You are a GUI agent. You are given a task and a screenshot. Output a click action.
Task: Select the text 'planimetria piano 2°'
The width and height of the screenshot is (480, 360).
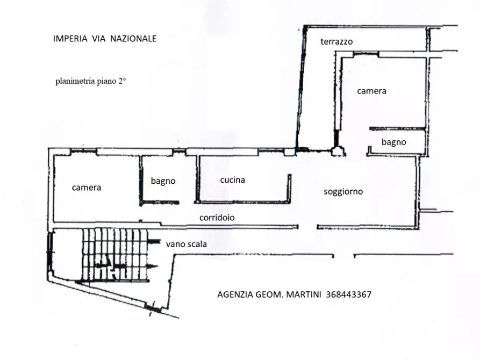click(90, 82)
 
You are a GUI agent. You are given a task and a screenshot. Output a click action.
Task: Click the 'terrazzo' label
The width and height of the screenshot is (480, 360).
click(336, 41)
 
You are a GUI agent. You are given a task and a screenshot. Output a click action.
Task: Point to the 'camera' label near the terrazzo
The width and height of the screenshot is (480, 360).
click(371, 91)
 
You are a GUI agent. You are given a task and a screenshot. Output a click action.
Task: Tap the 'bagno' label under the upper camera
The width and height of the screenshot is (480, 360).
click(393, 142)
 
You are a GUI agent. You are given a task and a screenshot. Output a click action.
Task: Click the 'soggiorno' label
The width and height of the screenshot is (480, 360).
click(343, 191)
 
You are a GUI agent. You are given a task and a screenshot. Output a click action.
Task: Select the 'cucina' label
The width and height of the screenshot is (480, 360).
click(232, 180)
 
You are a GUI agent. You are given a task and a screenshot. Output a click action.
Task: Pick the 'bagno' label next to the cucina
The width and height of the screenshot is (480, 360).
click(163, 181)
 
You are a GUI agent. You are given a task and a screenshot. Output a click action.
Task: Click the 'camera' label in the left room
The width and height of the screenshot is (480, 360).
click(87, 188)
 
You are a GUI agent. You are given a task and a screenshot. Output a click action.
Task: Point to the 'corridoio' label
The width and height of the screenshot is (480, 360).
click(217, 218)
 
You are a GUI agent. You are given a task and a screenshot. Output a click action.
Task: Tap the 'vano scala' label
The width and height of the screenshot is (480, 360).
click(187, 244)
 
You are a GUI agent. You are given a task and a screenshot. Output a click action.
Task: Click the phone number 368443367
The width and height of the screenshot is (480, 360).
click(349, 294)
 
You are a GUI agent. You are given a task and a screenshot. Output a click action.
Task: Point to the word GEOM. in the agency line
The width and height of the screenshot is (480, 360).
click(268, 294)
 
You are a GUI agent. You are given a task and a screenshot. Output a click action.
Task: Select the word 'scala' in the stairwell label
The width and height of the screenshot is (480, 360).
click(197, 244)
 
